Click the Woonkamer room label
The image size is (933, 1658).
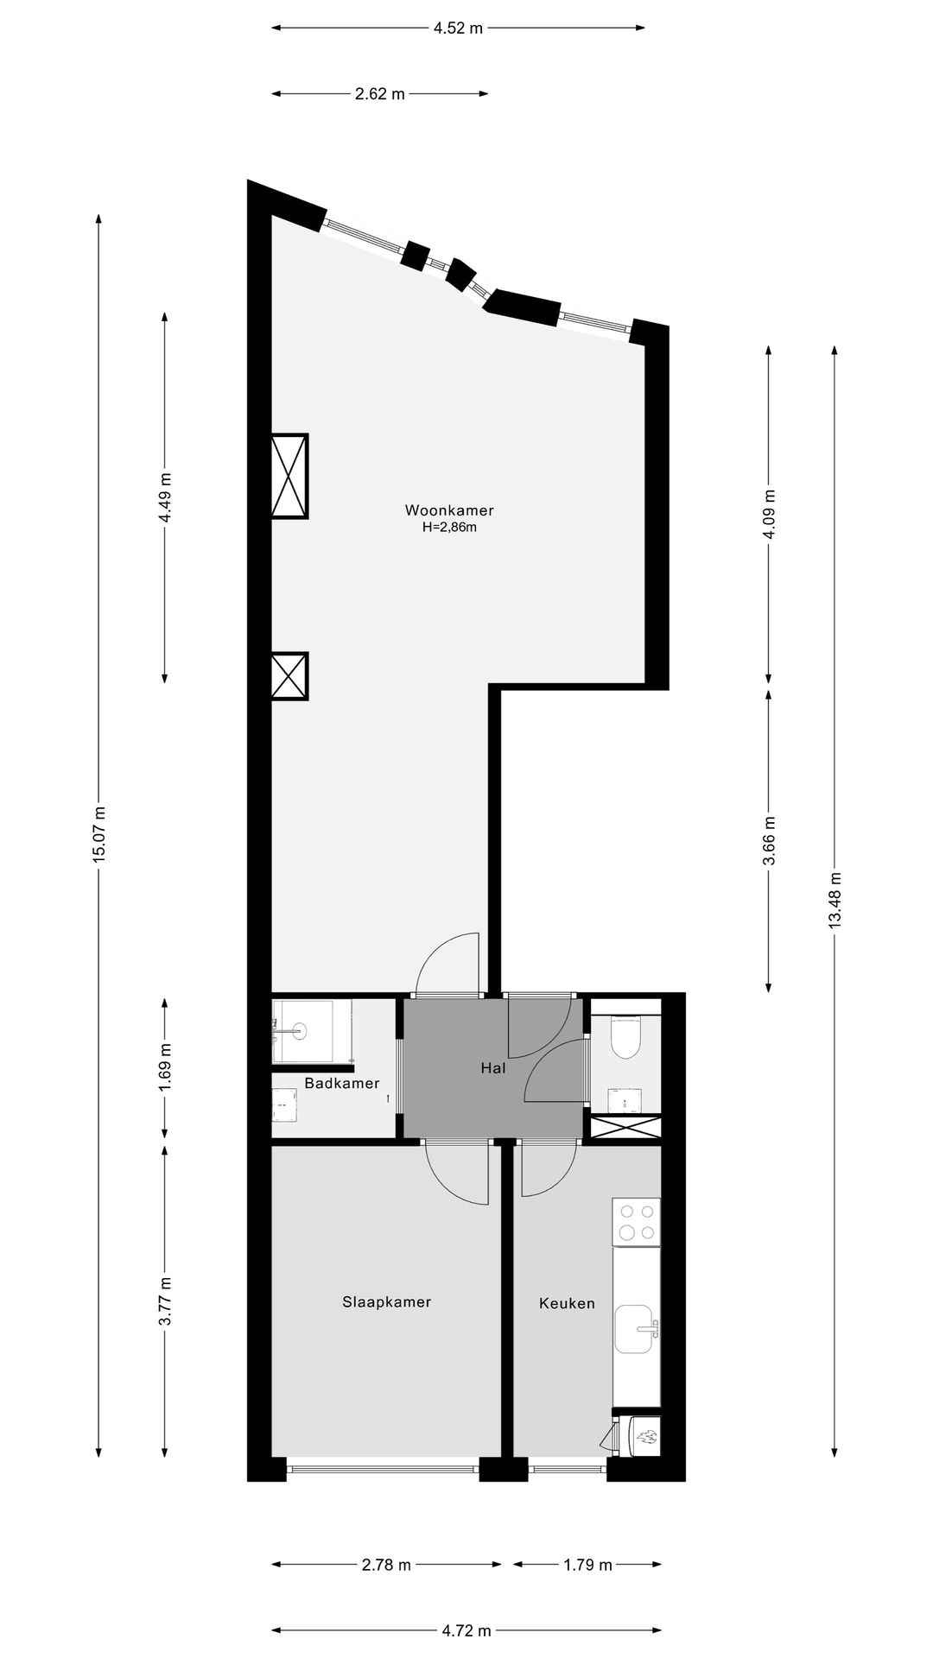(x=449, y=510)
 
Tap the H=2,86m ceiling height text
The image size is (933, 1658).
(x=449, y=528)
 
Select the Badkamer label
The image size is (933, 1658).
(x=342, y=1083)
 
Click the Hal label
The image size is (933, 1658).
(x=492, y=1068)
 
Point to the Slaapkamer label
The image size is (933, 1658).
(x=386, y=1301)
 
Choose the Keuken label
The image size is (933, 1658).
(x=567, y=1303)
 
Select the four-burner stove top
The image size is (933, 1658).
(x=637, y=1223)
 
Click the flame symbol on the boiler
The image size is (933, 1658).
(x=647, y=1438)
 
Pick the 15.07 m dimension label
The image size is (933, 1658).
(x=99, y=834)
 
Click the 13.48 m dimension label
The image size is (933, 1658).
(x=835, y=900)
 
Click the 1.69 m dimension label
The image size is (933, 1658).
(x=166, y=1067)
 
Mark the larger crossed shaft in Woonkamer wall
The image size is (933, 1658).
(x=289, y=476)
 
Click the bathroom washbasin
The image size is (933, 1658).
(x=299, y=1029)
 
